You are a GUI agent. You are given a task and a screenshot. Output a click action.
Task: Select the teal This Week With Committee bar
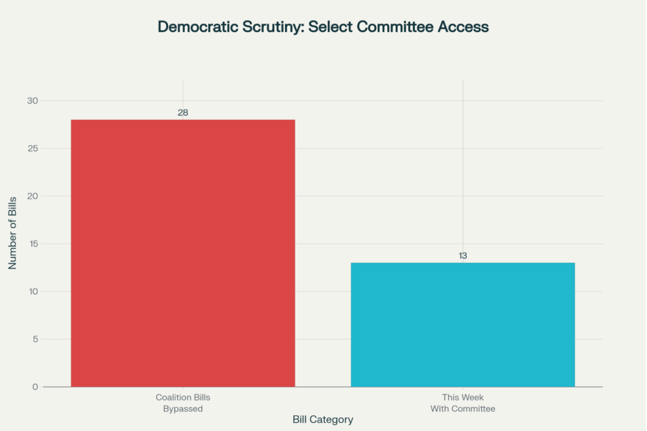pyautogui.click(x=463, y=325)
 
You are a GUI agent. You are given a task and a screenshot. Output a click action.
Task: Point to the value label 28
pyautogui.click(x=183, y=112)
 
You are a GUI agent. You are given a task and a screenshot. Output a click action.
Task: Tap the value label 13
pyautogui.click(x=463, y=255)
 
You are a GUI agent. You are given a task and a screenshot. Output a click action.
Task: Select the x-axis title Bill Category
pyautogui.click(x=322, y=419)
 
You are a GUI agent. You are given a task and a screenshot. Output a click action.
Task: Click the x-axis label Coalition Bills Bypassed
pyautogui.click(x=183, y=402)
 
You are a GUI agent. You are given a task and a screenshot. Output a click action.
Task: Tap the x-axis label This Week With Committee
pyautogui.click(x=463, y=402)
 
